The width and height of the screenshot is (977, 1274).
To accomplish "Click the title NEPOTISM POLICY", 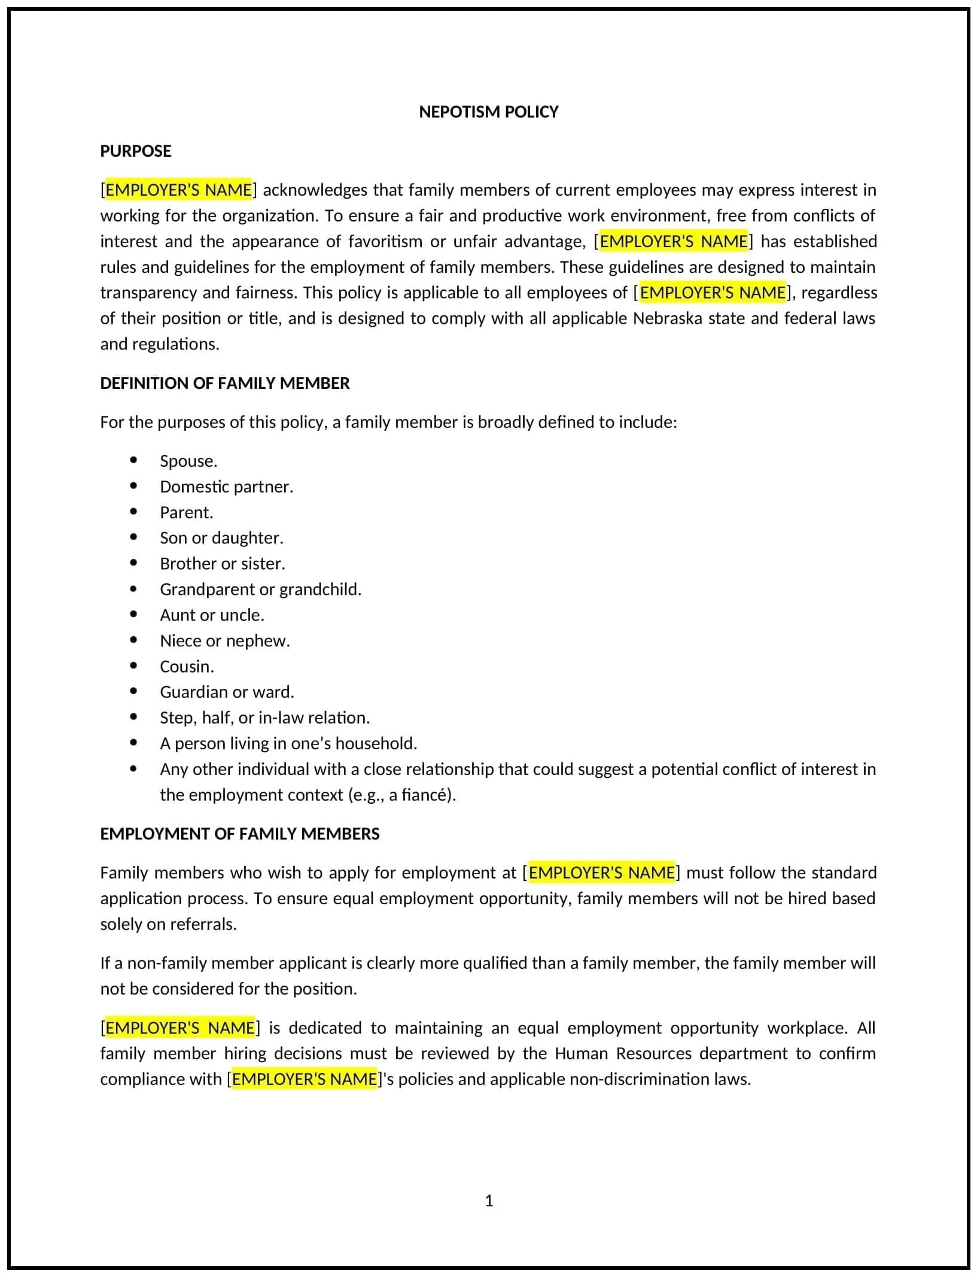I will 488,112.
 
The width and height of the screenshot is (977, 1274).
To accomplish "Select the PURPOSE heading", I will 136,151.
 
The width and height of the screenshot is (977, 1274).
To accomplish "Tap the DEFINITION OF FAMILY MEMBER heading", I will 224,383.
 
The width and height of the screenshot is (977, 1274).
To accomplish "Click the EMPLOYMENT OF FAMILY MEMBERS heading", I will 239,834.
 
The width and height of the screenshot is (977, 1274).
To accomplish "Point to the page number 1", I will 489,1200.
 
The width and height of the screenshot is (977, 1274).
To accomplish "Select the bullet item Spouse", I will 188,461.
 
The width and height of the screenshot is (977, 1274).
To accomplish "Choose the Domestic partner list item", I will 226,487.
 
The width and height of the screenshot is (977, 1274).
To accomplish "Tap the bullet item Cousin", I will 187,666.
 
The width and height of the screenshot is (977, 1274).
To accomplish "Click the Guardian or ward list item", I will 227,692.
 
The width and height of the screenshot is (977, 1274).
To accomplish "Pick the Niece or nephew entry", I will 224,640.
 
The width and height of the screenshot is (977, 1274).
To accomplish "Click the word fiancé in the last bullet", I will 425,795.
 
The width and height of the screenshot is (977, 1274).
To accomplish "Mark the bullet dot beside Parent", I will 133,512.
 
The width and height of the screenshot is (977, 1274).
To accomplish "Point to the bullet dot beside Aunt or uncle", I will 133,615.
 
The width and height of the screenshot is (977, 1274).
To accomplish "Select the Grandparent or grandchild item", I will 260,589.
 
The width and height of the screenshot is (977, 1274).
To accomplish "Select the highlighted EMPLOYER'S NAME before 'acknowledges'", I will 178,190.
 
